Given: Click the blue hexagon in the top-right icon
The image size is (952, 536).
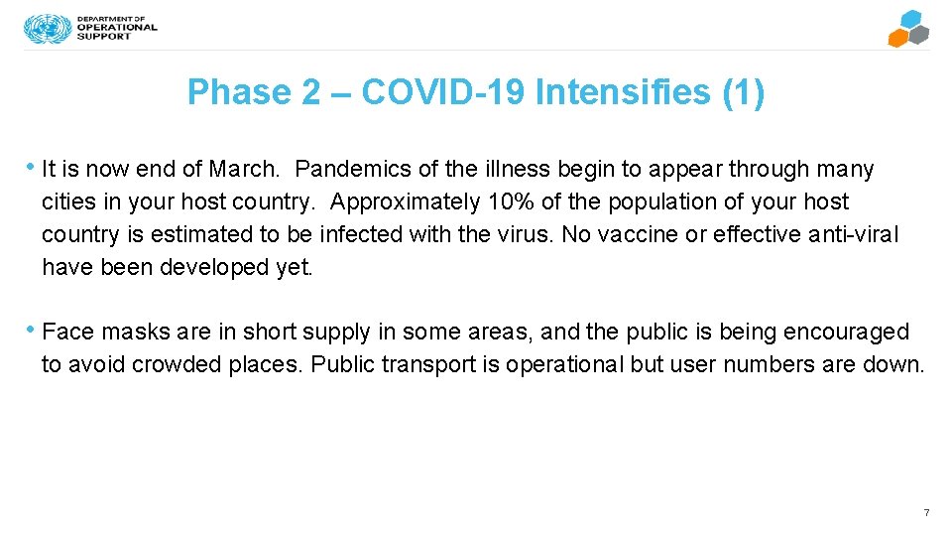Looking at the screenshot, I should (x=910, y=20).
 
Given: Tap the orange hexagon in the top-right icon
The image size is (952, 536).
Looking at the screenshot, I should (x=897, y=39).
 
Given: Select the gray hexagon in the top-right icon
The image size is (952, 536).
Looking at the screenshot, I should (x=919, y=36).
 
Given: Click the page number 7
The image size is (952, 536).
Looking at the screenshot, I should (x=926, y=512).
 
